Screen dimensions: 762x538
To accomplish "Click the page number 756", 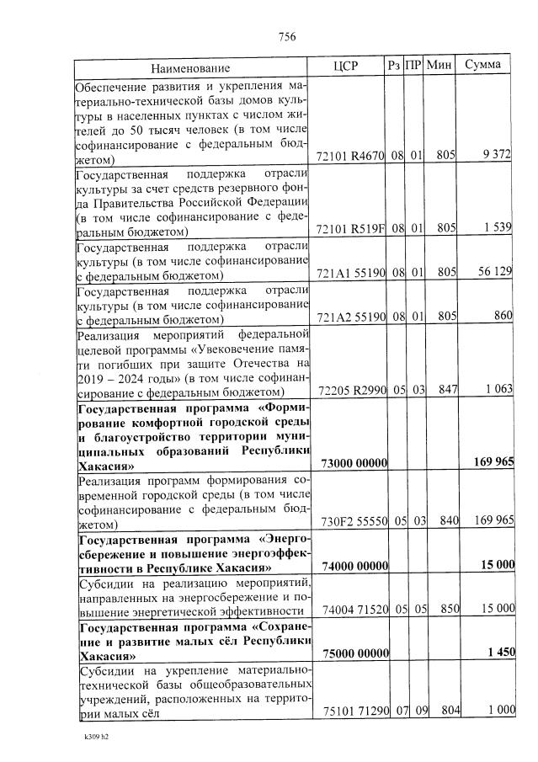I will click(x=286, y=36).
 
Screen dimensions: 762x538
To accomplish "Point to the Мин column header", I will click(x=439, y=65).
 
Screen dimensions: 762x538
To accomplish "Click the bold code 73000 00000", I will click(x=354, y=463).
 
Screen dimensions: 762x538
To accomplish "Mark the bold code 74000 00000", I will click(x=354, y=566).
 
